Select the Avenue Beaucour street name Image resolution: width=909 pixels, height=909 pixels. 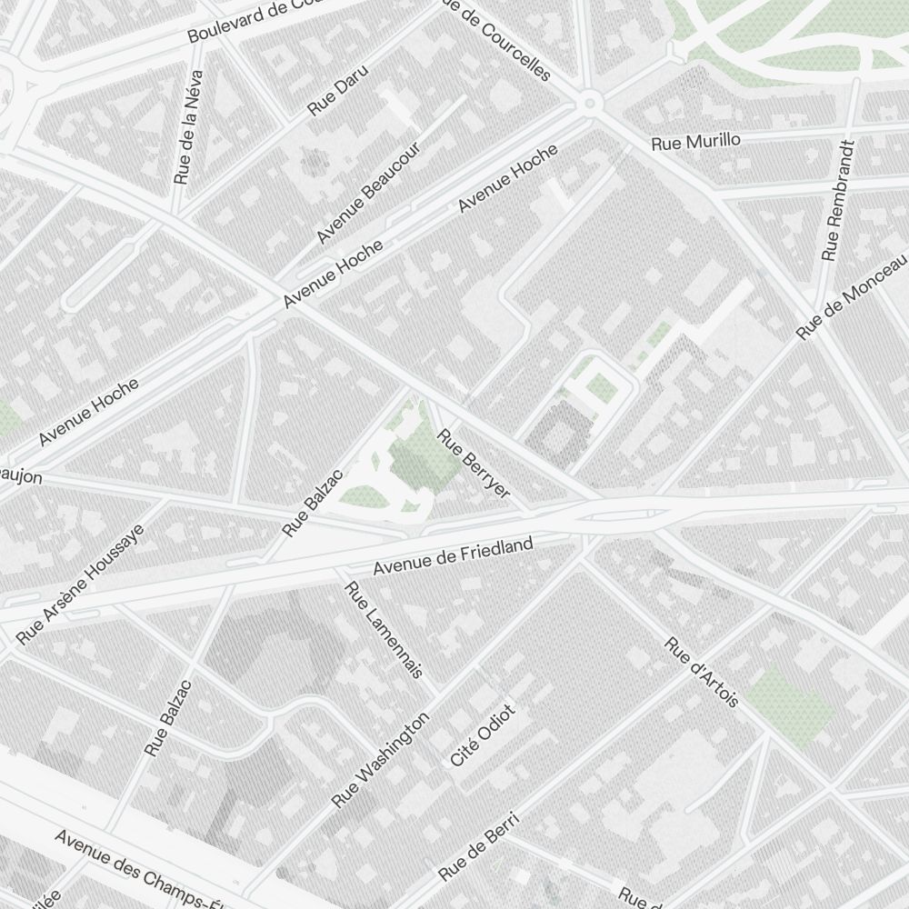[x=367, y=193]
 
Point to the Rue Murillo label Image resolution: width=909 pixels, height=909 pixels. [x=696, y=142]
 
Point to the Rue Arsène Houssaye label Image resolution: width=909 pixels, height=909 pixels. [x=80, y=584]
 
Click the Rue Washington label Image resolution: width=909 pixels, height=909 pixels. [x=380, y=760]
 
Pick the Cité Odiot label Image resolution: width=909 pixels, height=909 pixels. [x=483, y=734]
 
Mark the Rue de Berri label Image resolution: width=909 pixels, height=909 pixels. [x=479, y=846]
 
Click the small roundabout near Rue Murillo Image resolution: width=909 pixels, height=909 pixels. [x=590, y=103]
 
